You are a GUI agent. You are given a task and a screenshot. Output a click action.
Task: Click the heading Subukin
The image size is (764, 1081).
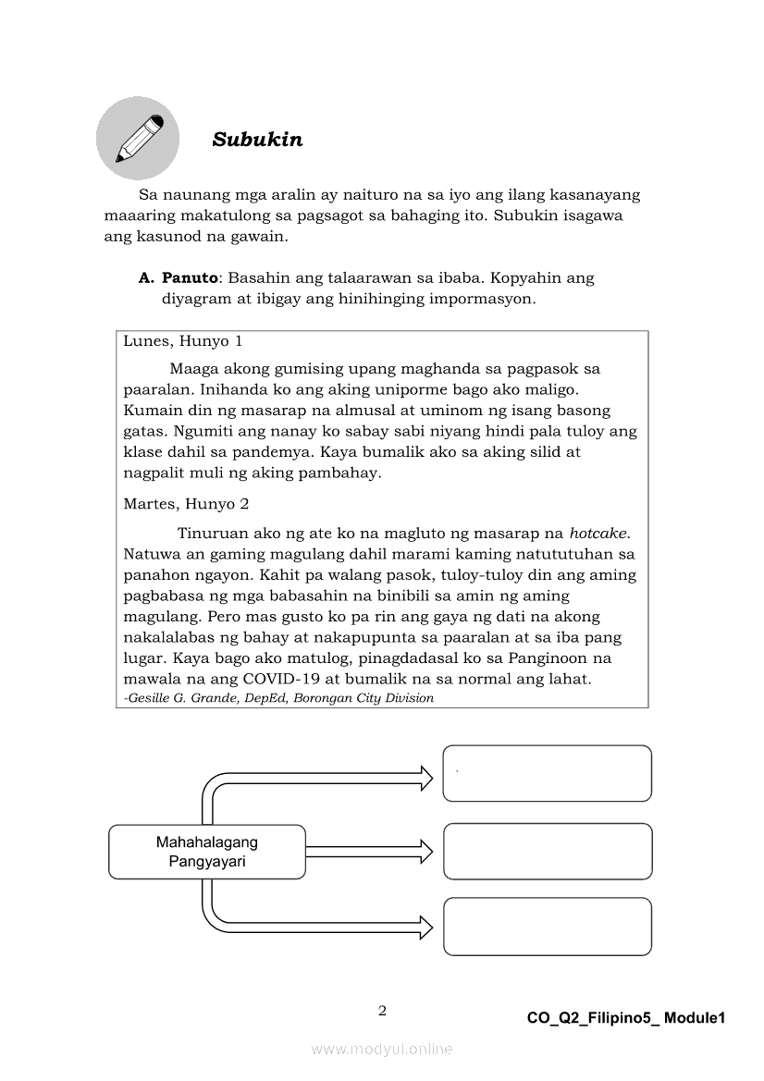click(257, 140)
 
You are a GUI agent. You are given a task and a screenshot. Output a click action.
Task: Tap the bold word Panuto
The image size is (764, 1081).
click(190, 277)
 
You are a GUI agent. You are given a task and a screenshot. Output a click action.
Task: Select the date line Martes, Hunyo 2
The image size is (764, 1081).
click(185, 504)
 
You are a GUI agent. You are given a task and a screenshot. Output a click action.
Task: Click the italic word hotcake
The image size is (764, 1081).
click(598, 534)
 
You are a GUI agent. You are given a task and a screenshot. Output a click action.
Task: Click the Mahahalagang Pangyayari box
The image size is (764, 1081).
click(207, 852)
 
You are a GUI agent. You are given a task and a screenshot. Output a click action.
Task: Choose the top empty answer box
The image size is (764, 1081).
click(547, 774)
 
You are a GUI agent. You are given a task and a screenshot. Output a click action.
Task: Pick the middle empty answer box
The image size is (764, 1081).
click(547, 851)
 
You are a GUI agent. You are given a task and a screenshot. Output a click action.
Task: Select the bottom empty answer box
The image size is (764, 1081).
click(547, 926)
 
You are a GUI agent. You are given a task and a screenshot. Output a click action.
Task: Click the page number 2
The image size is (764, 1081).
click(382, 1010)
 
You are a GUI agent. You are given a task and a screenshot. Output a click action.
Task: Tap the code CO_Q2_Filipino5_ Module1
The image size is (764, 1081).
click(626, 1018)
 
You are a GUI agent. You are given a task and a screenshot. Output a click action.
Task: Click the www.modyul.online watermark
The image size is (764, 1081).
click(382, 1050)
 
